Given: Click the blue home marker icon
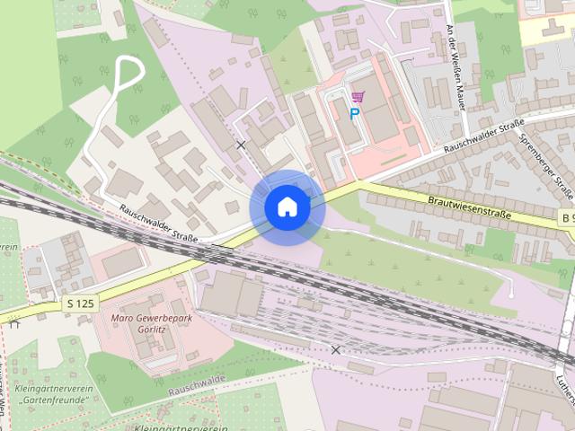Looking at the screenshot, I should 287,207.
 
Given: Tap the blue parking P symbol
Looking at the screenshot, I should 355,114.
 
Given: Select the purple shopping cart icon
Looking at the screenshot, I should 358,97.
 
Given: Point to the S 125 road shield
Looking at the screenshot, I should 80,303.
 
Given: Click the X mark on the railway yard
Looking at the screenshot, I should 335,349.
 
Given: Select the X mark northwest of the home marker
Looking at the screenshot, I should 240,144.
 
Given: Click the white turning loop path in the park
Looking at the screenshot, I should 131,72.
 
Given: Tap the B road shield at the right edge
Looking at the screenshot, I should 565,218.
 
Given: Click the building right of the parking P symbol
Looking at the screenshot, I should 379,112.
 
